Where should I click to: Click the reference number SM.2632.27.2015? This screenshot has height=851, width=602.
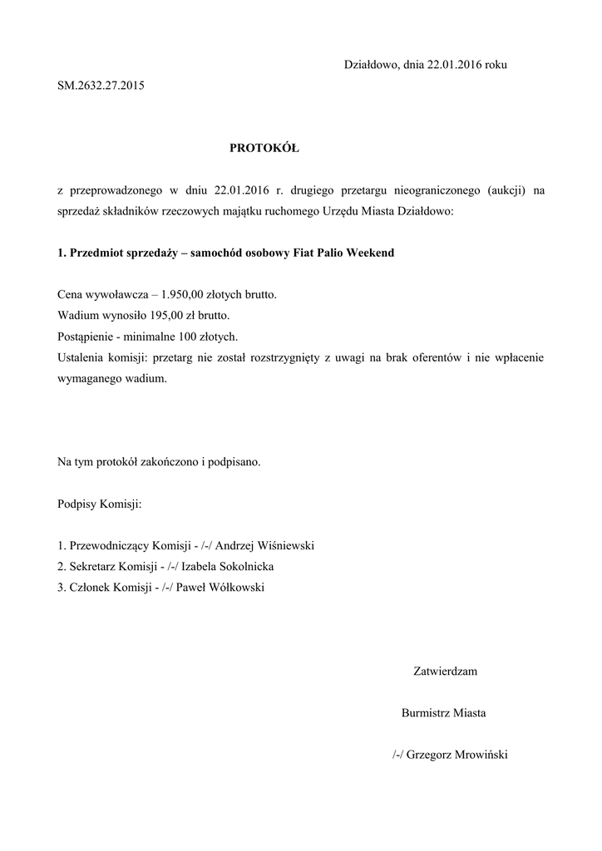(101, 85)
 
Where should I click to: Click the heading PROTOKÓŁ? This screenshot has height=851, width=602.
(264, 149)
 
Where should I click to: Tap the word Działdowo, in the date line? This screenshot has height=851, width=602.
(371, 64)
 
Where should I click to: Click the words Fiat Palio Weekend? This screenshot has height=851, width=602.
(344, 252)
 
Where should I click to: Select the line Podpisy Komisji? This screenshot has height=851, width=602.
(99, 504)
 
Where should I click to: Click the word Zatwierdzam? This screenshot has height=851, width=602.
(445, 671)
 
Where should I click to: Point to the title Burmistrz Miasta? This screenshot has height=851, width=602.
(443, 712)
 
